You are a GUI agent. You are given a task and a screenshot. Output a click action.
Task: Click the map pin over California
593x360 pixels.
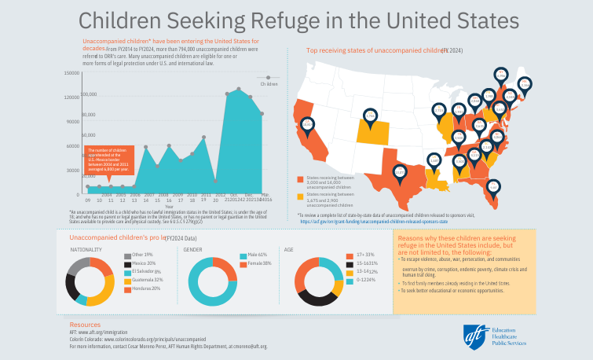pyautogui.click(x=307, y=123)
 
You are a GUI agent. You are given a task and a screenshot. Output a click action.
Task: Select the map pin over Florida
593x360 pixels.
pyautogui.click(x=492, y=187)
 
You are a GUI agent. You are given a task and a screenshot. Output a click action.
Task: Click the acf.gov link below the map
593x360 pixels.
pyautogui.click(x=385, y=222)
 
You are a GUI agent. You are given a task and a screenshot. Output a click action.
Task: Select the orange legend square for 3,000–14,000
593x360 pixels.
pyautogui.click(x=301, y=179)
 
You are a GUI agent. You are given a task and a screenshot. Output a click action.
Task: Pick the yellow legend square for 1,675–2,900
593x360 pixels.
pyautogui.click(x=301, y=195)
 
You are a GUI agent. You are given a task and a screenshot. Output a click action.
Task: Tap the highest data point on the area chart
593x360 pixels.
pyautogui.click(x=239, y=89)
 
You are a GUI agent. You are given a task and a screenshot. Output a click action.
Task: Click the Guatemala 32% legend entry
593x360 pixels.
pyautogui.click(x=147, y=279)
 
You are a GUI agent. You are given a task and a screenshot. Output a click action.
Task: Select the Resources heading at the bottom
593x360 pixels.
pyautogui.click(x=86, y=324)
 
